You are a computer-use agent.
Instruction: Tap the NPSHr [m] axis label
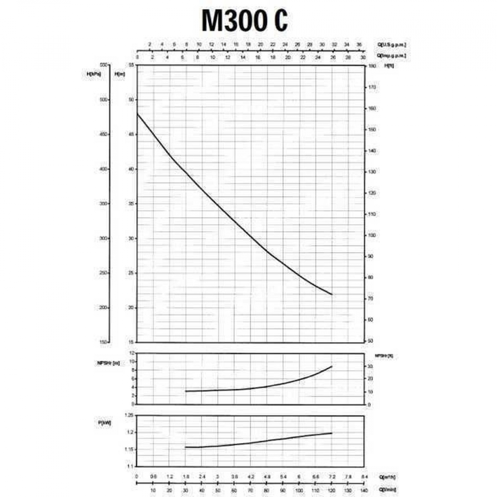tap(109, 364)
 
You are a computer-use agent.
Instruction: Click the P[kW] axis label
tap(104, 423)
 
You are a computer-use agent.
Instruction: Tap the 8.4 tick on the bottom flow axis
tap(364, 477)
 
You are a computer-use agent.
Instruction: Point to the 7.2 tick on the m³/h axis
tap(332, 477)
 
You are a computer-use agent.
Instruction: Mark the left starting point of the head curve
tap(137, 114)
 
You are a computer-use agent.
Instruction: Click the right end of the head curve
tap(332, 295)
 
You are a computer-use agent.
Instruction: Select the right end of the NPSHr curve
tap(332, 366)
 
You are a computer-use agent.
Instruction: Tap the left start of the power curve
tap(185, 447)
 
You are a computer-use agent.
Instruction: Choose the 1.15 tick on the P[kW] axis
tap(128, 450)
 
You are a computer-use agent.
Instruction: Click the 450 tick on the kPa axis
tap(103, 134)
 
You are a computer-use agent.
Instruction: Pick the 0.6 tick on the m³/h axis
tap(153, 477)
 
